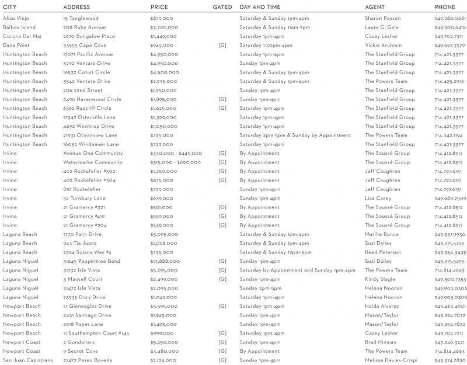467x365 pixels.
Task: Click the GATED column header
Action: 222,7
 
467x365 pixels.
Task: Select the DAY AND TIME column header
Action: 260,7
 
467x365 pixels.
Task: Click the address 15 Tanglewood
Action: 81,19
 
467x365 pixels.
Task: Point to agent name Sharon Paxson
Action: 382,19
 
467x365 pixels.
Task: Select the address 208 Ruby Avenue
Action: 84,27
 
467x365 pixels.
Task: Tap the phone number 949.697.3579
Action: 449,46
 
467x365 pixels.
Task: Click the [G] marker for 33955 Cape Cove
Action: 222,45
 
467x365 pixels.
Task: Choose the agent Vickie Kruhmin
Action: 384,45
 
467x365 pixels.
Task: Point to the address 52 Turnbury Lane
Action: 84,199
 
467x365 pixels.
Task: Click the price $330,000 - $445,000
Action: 176,154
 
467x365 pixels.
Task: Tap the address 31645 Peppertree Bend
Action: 92,261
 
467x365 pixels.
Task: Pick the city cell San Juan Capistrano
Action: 28,360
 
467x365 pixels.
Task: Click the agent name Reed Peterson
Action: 383,252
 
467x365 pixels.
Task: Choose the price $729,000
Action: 163,144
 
